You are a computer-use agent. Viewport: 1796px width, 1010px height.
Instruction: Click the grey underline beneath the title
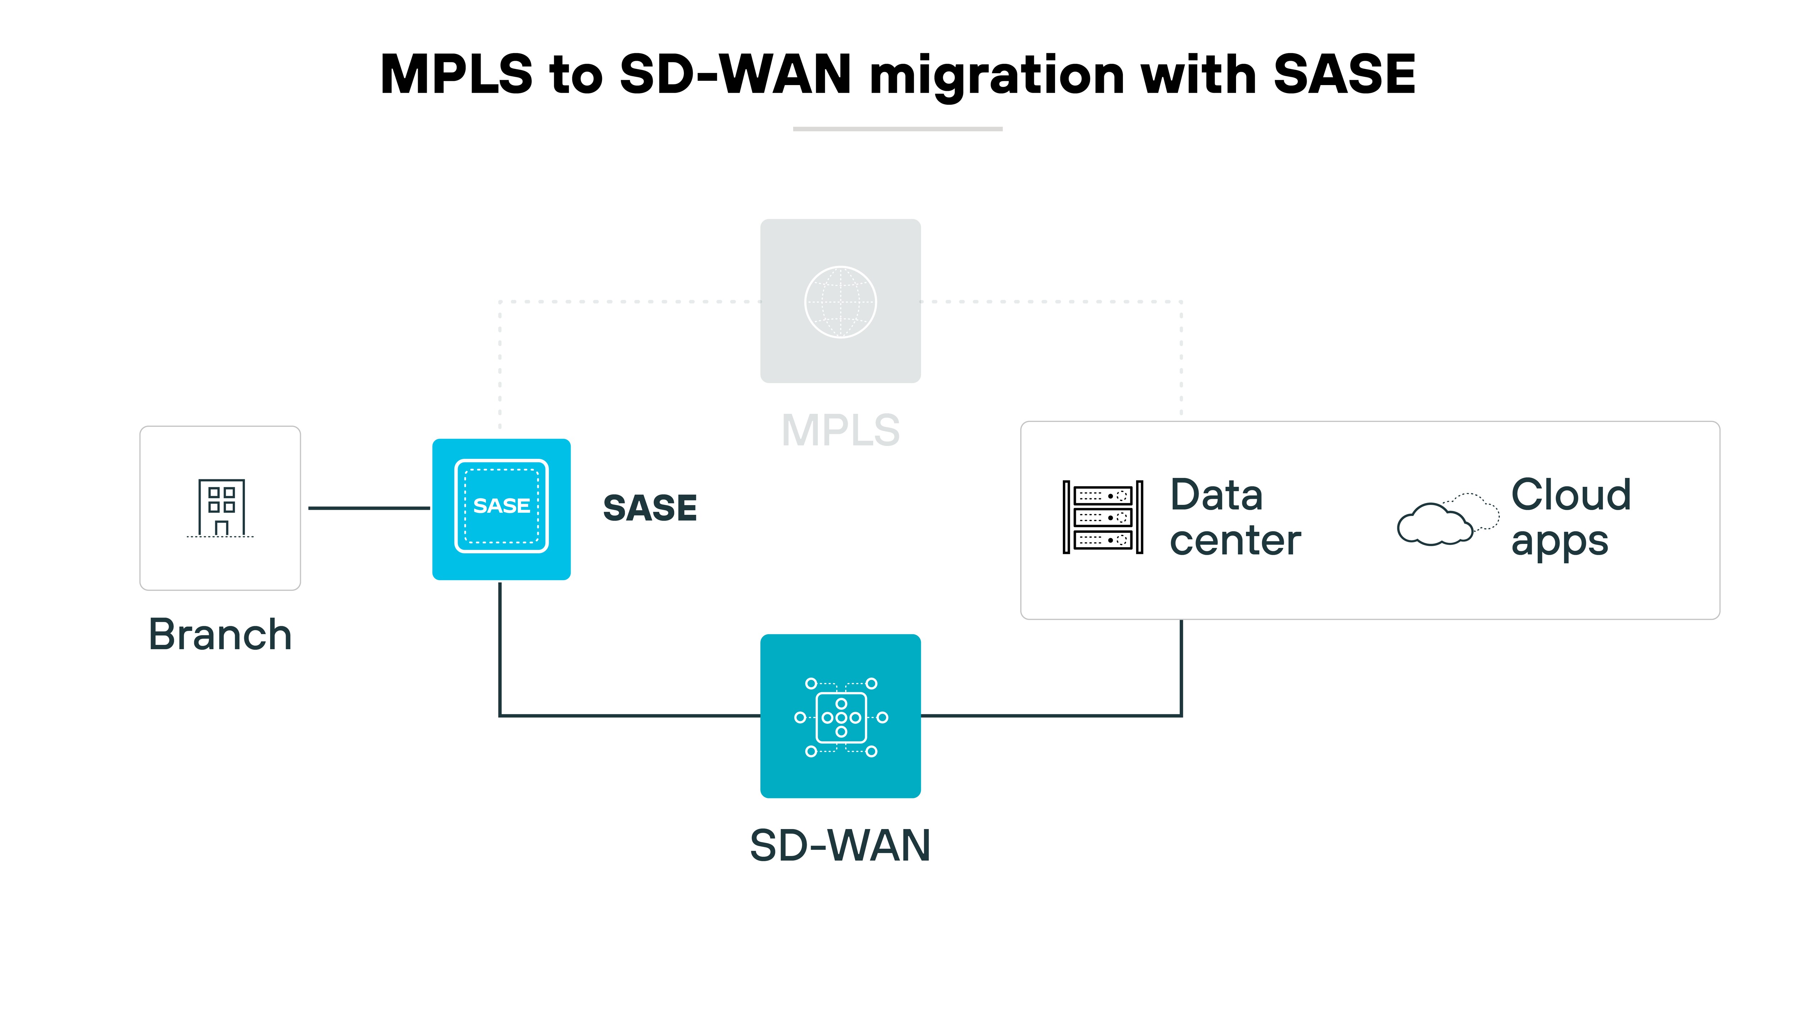(897, 129)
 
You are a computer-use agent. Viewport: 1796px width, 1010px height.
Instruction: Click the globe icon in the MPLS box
(840, 302)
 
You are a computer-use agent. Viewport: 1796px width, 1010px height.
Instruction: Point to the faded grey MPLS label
(840, 430)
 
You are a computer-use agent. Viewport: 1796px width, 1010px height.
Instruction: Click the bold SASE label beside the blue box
(650, 507)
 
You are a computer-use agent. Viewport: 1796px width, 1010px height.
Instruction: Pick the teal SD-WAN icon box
(840, 716)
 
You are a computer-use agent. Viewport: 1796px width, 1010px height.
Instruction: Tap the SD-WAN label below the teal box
(840, 846)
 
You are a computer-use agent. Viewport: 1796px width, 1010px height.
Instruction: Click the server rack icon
(1102, 517)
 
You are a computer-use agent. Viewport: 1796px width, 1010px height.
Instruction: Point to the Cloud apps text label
(1570, 517)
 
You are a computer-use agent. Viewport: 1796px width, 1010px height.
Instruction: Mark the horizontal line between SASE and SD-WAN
(628, 715)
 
